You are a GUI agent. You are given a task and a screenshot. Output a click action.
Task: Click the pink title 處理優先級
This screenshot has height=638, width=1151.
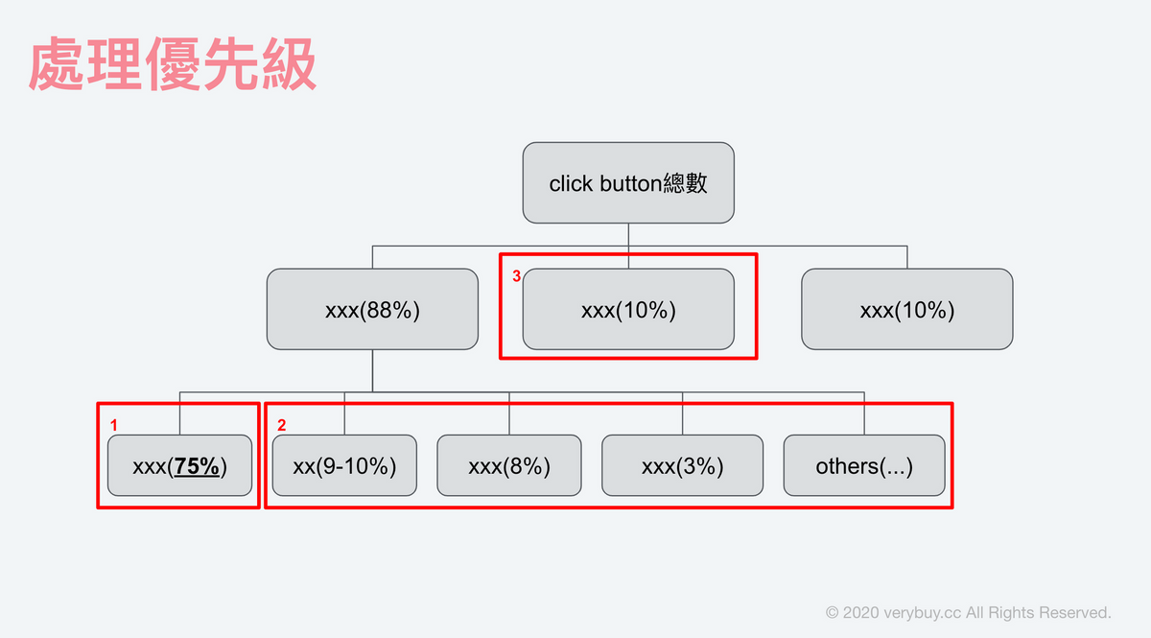point(172,63)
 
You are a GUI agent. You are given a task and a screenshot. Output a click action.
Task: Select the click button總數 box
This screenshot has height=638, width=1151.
point(628,183)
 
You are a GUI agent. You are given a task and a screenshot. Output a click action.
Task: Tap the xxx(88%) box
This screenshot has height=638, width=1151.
point(372,310)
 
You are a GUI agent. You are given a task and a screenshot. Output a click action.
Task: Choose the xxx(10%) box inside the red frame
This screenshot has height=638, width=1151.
point(628,310)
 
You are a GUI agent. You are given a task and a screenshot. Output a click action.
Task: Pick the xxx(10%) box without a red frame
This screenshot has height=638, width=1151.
point(907,310)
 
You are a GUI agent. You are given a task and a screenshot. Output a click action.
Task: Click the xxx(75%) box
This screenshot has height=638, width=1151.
point(180,465)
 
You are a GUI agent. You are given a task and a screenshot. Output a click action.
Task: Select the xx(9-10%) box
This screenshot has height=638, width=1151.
point(344,465)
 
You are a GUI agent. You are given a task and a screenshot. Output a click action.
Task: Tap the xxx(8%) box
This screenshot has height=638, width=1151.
point(509,465)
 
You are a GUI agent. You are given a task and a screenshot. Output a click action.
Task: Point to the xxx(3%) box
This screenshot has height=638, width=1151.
point(682,465)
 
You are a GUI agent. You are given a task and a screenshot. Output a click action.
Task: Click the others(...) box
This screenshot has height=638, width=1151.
point(864,465)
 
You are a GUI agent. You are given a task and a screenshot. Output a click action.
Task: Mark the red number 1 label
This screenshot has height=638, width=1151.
point(114,425)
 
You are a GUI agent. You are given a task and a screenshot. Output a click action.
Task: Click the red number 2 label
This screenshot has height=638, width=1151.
point(282,425)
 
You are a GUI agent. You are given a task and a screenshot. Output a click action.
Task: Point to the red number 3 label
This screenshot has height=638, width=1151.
point(517,276)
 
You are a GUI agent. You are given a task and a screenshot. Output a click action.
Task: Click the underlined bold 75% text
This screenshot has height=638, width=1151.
point(197,466)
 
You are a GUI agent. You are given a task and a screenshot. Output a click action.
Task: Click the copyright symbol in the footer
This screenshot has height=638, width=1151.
point(832,613)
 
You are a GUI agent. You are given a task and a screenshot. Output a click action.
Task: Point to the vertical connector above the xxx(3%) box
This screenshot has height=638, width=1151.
point(682,414)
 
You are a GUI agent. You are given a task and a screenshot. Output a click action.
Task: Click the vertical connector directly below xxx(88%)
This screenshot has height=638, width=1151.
point(372,370)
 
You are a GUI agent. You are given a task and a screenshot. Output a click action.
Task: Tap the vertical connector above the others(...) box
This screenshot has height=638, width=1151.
point(864,414)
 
